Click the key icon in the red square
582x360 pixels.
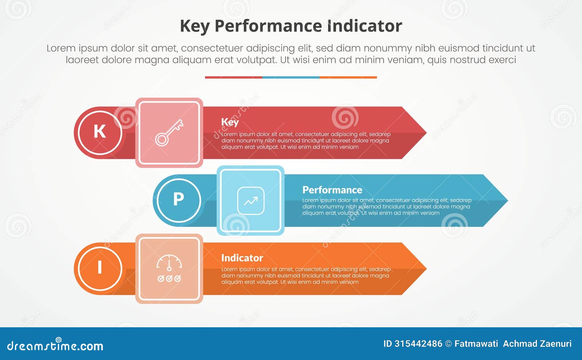click(169, 133)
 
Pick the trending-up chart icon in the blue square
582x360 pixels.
click(251, 201)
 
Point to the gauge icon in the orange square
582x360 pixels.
click(169, 268)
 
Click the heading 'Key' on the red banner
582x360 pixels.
click(230, 122)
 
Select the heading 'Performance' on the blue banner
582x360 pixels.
click(332, 190)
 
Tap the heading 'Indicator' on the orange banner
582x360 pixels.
click(242, 258)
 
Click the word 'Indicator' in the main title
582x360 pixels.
click(364, 26)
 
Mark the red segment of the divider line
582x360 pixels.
click(234, 77)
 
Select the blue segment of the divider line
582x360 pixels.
click(291, 77)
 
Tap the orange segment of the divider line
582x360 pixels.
click(348, 77)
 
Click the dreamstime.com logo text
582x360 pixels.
click(55, 345)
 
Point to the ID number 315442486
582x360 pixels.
click(418, 344)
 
